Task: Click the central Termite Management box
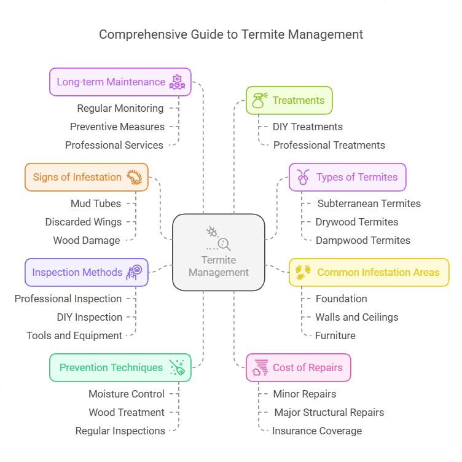[219, 252]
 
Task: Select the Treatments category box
[289, 100]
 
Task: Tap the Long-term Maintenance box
[120, 82]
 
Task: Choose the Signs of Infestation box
[87, 177]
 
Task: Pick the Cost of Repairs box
[299, 367]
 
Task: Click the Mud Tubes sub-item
[96, 203]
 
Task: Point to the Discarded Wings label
[84, 222]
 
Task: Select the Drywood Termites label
[357, 222]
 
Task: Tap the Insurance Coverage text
[317, 431]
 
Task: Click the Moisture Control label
[127, 394]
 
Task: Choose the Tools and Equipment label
[74, 335]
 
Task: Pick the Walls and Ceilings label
[357, 317]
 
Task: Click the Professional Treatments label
[329, 145]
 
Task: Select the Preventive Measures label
[117, 127]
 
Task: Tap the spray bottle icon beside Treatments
[258, 100]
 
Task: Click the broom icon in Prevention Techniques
[178, 367]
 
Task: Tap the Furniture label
[335, 335]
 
